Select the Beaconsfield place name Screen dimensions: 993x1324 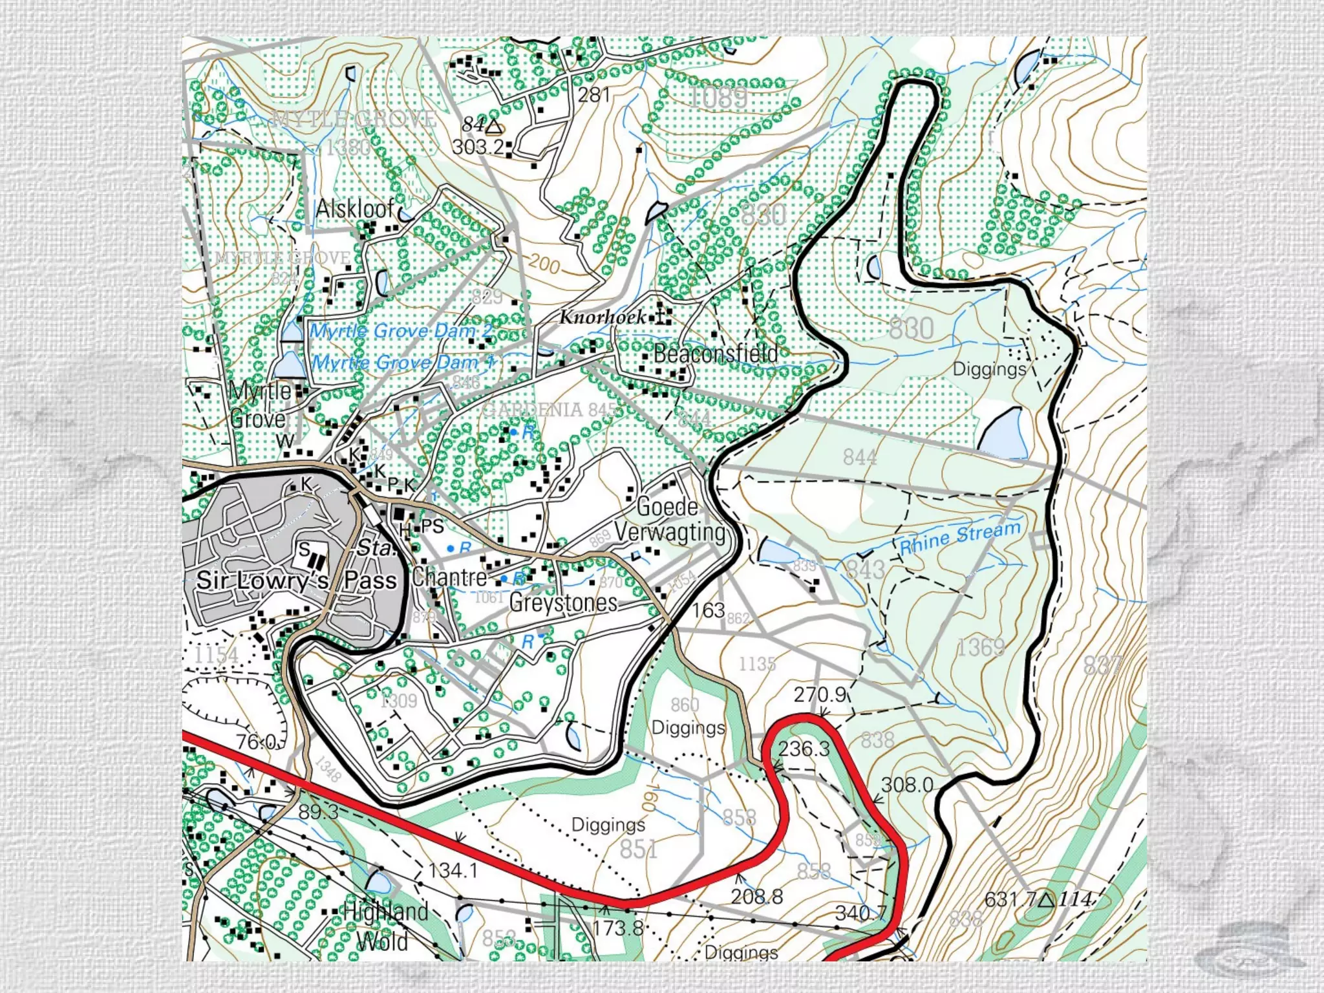(716, 353)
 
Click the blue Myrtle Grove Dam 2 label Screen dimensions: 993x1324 (401, 331)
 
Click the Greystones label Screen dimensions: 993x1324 (563, 603)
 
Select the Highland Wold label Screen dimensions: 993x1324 (385, 926)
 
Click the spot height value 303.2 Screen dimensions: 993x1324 (477, 147)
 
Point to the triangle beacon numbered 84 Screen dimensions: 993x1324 (494, 125)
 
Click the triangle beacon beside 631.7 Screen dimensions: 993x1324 (1047, 899)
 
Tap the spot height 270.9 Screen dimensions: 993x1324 (819, 694)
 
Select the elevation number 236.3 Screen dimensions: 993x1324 (804, 749)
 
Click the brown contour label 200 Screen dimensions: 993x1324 (544, 264)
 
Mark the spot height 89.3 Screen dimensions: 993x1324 (318, 811)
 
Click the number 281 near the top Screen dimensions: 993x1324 (593, 95)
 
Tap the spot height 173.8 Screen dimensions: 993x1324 (617, 928)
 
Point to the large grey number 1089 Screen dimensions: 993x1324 (718, 98)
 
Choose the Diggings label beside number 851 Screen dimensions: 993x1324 (608, 825)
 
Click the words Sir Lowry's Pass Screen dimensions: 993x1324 (296, 580)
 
